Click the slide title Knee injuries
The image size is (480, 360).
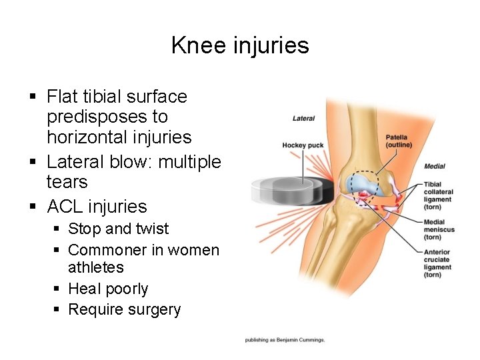tap(240, 45)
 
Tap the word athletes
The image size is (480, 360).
tap(96, 267)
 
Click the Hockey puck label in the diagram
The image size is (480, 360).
tap(303, 145)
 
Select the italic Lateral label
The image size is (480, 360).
tap(304, 119)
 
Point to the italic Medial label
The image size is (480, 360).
tap(435, 166)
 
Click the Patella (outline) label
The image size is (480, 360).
tap(399, 141)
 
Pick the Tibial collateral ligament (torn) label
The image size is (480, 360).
tap(438, 196)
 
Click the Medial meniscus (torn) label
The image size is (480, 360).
tap(439, 230)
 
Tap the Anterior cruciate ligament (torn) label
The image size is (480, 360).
tap(437, 263)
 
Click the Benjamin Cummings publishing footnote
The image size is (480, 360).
tap(285, 340)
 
